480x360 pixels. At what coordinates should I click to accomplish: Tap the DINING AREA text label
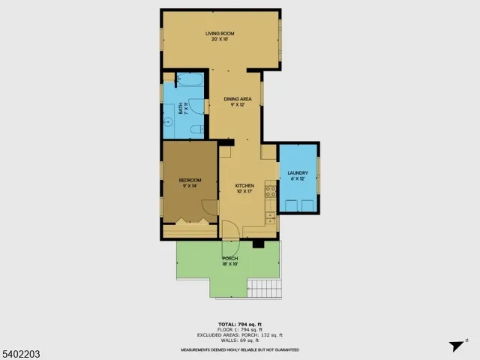[237, 99]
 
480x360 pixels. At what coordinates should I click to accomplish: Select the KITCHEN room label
[244, 185]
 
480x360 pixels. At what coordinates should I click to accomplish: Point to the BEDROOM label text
[190, 180]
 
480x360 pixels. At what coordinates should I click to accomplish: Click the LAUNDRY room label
[298, 173]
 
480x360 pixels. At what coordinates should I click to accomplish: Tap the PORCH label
[229, 259]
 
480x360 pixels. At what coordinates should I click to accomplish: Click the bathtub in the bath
[191, 81]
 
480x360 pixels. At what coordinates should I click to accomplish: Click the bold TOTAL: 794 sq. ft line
[238, 325]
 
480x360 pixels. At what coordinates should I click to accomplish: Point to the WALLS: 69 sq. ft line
[238, 340]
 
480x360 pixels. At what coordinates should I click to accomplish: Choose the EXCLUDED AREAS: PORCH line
[239, 335]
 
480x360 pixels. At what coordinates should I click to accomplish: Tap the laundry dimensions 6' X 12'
[298, 179]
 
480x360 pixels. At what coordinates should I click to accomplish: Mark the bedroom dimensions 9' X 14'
[190, 186]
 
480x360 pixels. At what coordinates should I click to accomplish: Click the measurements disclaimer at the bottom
[239, 349]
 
